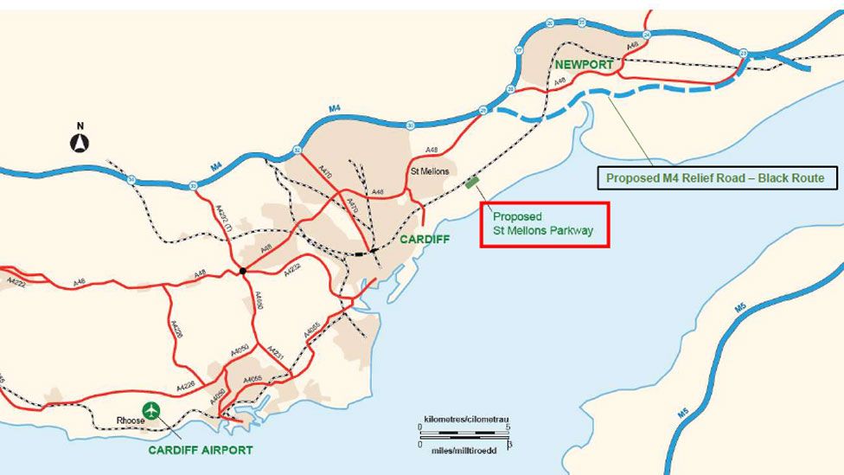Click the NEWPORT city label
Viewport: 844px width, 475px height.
(x=584, y=65)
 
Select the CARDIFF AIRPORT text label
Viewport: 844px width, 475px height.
(x=200, y=450)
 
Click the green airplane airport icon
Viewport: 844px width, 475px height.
(x=152, y=410)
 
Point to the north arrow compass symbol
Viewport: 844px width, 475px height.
(x=80, y=141)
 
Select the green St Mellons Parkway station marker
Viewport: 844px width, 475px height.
(x=472, y=182)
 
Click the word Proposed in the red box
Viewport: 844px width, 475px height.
(x=517, y=216)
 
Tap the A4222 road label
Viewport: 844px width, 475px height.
(x=18, y=282)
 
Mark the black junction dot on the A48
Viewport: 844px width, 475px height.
(x=243, y=271)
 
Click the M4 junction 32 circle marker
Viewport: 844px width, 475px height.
(x=297, y=150)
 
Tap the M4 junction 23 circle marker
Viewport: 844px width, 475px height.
(x=745, y=54)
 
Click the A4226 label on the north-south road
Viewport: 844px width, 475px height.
(x=177, y=328)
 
